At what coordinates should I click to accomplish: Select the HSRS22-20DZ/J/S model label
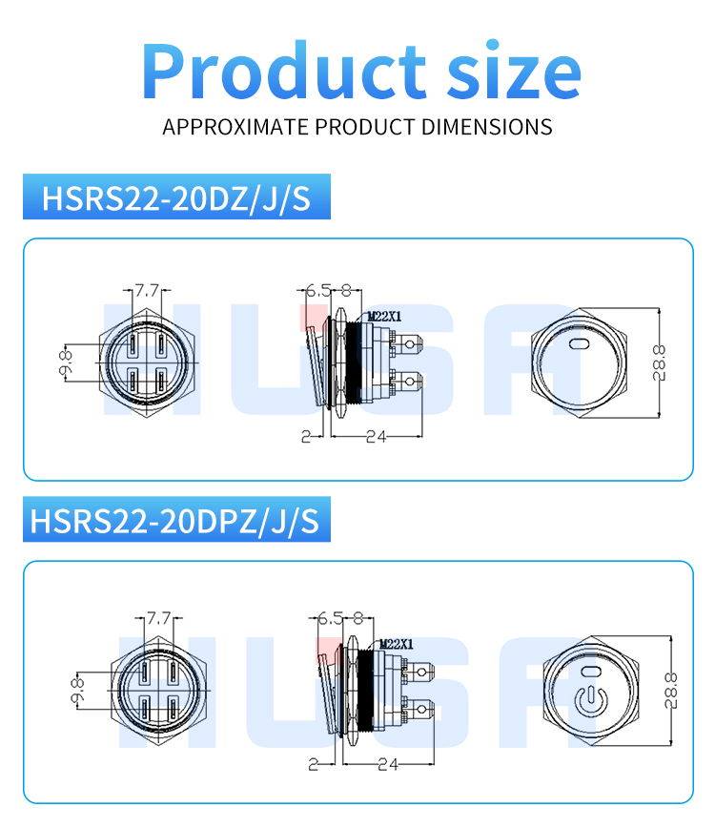[176, 199]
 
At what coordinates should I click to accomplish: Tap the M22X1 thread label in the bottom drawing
[395, 645]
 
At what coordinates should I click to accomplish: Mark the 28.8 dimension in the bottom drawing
[670, 690]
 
